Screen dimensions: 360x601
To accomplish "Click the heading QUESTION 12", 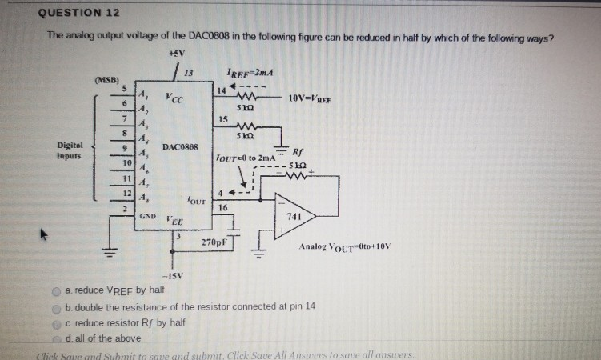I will pos(79,13).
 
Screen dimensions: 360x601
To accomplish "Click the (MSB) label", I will pos(106,81).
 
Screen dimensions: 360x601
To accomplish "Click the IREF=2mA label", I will pos(250,73).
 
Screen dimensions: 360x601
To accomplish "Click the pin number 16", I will pos(222,208).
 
